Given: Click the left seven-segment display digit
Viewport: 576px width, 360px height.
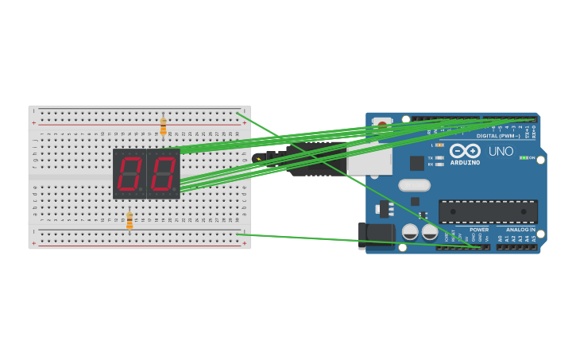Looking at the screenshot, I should pos(130,173).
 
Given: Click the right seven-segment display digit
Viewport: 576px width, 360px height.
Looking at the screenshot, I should pos(164,173).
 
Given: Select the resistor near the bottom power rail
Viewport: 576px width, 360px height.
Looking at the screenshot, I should pos(130,221).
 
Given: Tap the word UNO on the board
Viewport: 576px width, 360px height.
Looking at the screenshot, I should pos(501,151).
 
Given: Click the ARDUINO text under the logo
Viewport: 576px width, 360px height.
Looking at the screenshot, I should pos(466,162).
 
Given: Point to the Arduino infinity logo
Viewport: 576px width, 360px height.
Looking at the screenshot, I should pos(466,150).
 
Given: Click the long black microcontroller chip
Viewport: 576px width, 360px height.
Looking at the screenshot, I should pos(488,211).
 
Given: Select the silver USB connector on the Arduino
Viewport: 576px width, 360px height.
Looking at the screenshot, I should pos(369,159).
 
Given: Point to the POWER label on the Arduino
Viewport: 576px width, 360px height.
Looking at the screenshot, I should pos(478,229).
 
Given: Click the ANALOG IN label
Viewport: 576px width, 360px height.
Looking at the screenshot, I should pos(520,229).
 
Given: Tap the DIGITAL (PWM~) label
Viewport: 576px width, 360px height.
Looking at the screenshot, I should pos(499,136).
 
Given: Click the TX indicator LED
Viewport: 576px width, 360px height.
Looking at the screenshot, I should pos(440,157).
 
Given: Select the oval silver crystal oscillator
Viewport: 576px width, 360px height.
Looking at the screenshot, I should pos(414,185).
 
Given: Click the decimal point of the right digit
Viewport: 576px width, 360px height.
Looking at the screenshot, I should pos(177,192).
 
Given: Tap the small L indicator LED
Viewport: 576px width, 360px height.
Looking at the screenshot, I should pos(440,145).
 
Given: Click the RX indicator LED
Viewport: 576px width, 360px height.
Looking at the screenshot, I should pos(440,164).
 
